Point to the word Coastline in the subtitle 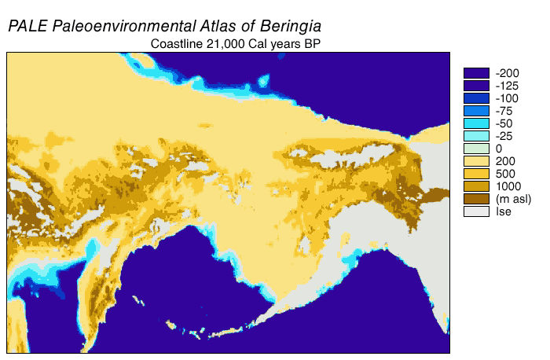click(x=177, y=44)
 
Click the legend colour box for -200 click(x=476, y=73)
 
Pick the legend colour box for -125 click(x=476, y=86)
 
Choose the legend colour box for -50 click(x=476, y=123)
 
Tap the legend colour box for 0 click(x=476, y=149)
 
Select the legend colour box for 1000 click(x=476, y=186)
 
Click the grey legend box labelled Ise click(x=476, y=211)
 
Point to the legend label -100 click(x=508, y=98)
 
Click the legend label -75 click(x=505, y=111)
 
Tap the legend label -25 click(x=505, y=136)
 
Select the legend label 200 click(x=504, y=161)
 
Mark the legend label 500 click(x=504, y=174)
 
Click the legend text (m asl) click(x=512, y=199)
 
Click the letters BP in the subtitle click(x=310, y=44)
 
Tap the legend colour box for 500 click(x=476, y=174)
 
